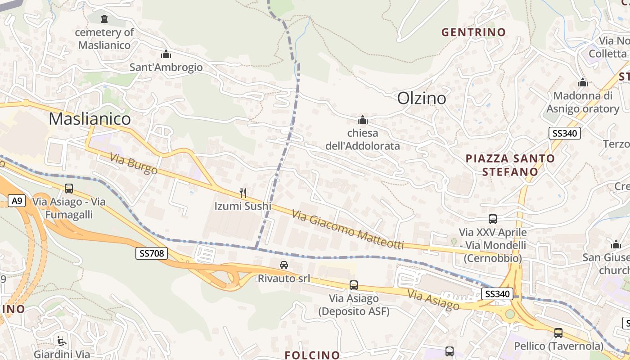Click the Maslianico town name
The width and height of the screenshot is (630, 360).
tap(90, 119)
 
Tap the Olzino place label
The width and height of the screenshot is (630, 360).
tap(422, 99)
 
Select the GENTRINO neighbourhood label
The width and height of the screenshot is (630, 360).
tap(473, 32)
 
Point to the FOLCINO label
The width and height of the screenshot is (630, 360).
tap(312, 355)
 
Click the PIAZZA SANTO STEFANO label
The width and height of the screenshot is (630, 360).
tap(510, 165)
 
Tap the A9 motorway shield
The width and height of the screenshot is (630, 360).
tap(16, 201)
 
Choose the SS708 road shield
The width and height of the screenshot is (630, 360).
tap(151, 253)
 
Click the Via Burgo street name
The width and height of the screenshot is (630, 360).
tap(134, 163)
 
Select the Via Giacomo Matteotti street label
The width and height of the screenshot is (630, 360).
tap(347, 229)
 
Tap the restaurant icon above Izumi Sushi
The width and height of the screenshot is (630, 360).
tap(243, 193)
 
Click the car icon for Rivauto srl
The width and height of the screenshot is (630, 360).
tap(283, 265)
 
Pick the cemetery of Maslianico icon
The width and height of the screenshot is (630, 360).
tap(104, 18)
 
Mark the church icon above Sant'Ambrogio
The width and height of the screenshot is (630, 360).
tap(166, 54)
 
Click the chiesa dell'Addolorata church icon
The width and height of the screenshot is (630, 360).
tap(362, 120)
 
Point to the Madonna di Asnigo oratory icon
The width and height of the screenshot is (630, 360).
tap(583, 83)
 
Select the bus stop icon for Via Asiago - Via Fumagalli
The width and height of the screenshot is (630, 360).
tap(69, 189)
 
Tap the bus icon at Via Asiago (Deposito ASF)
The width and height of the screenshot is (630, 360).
tap(353, 285)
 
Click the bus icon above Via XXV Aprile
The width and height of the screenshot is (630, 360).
tap(493, 219)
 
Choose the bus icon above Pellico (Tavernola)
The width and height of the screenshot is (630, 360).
tap(558, 333)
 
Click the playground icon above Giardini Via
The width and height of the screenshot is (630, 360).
tap(62, 341)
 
